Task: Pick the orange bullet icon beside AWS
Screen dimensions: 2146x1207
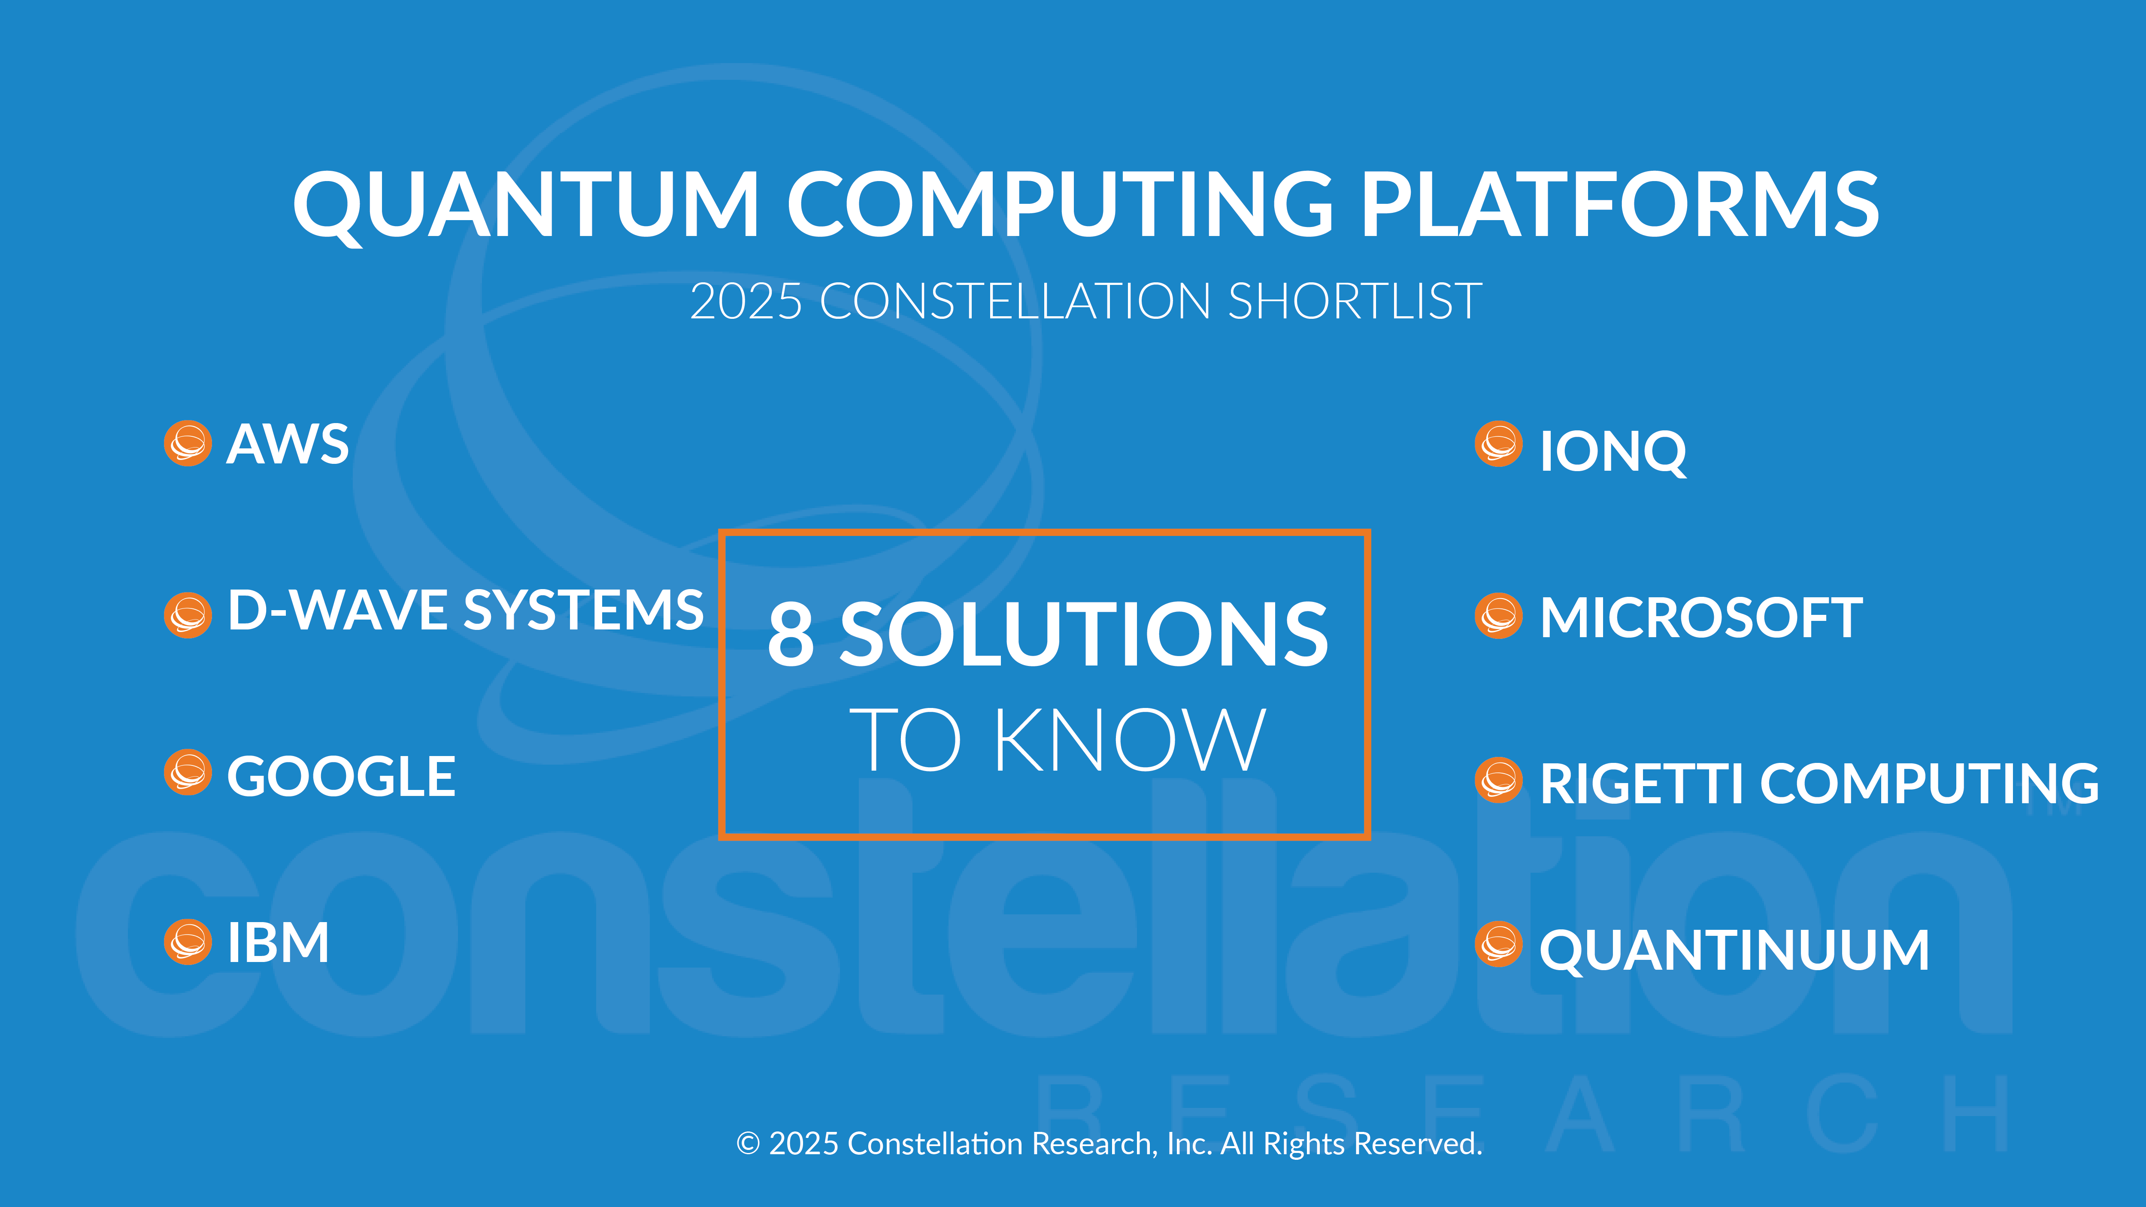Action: (188, 443)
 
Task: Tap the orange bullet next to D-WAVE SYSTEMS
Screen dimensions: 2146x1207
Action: (188, 615)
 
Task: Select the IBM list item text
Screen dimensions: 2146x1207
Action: (278, 943)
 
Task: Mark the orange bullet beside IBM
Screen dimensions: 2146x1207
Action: (188, 942)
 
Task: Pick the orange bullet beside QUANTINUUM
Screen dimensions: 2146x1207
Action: (1499, 944)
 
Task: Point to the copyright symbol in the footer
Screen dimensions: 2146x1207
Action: (748, 1143)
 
